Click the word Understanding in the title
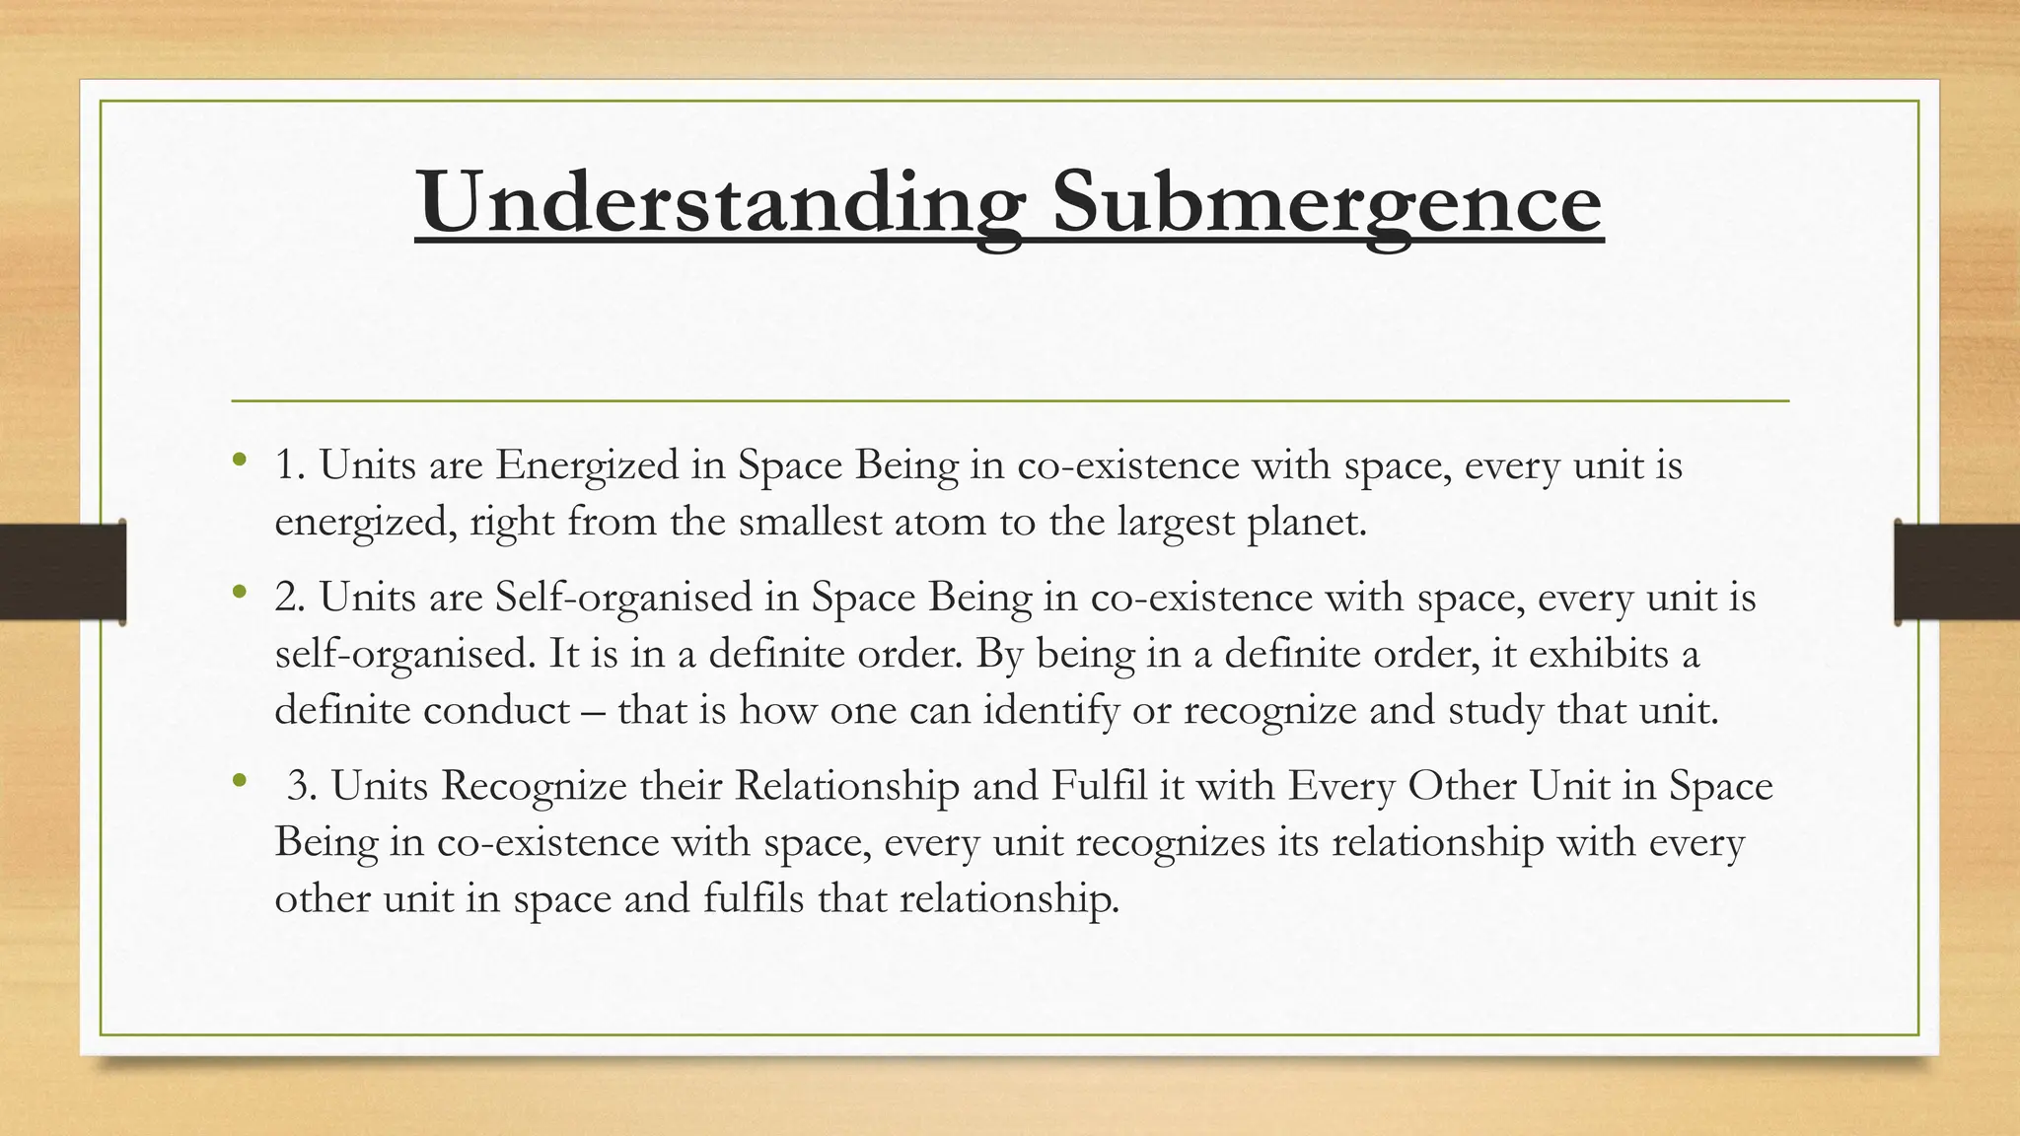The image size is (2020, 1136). (x=720, y=203)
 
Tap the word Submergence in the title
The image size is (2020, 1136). (x=1327, y=203)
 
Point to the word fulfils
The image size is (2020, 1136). (x=754, y=898)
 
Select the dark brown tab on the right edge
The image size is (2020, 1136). (x=1957, y=572)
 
